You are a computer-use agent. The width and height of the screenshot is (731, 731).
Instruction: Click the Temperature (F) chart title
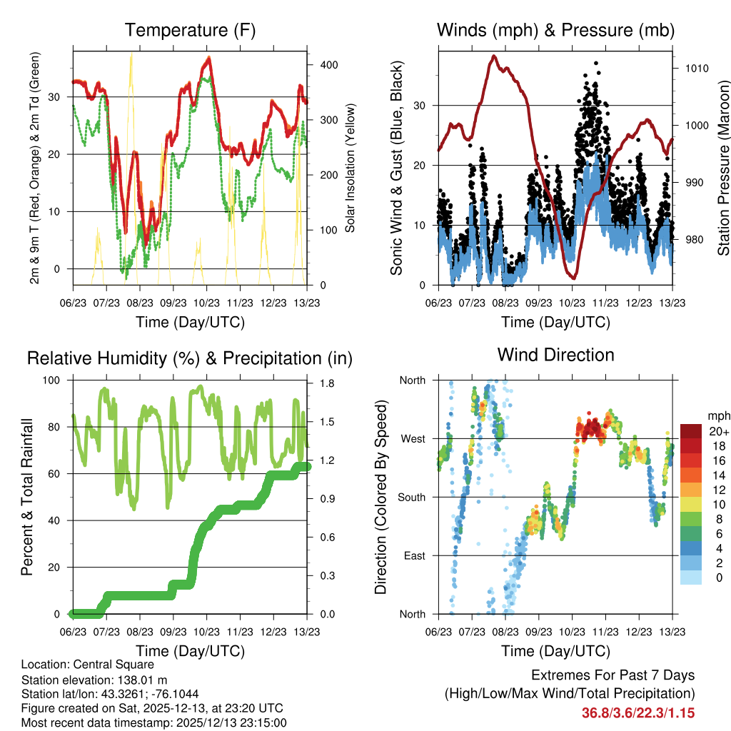(190, 30)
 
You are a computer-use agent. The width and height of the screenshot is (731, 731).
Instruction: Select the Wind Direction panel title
(555, 354)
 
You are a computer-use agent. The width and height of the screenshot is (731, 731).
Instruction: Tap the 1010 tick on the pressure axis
(696, 69)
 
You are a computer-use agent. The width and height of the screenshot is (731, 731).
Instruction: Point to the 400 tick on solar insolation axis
(328, 64)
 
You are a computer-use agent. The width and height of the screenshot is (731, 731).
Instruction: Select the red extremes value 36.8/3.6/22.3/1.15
(638, 712)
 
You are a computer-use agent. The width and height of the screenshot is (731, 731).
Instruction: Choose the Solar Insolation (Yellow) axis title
(350, 168)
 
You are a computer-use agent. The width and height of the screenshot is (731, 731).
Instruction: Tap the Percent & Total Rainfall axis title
(27, 497)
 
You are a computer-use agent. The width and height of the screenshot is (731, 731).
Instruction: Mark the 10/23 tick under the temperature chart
(206, 302)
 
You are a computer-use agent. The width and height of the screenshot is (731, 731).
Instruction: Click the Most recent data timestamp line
(154, 722)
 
